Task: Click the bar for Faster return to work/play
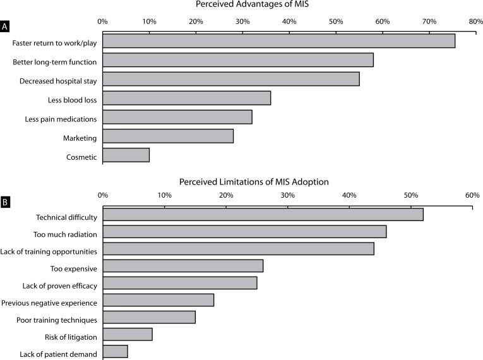[x=278, y=41]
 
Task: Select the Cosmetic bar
[x=126, y=155]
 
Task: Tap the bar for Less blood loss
[x=186, y=98]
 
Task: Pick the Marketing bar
[x=168, y=136]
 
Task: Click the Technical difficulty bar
[x=263, y=215]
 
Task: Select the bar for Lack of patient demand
[x=115, y=351]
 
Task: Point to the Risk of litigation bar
[x=127, y=334]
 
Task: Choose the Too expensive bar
[x=182, y=266]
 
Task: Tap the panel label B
[x=6, y=203]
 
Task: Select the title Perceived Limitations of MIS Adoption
[x=254, y=181]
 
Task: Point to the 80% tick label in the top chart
[x=475, y=21]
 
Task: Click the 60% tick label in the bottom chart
[x=472, y=196]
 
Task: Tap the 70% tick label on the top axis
[x=429, y=21]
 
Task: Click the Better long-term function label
[x=55, y=62]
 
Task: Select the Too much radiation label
[x=65, y=235]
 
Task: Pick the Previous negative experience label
[x=49, y=303]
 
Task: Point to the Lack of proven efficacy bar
[x=179, y=283]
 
